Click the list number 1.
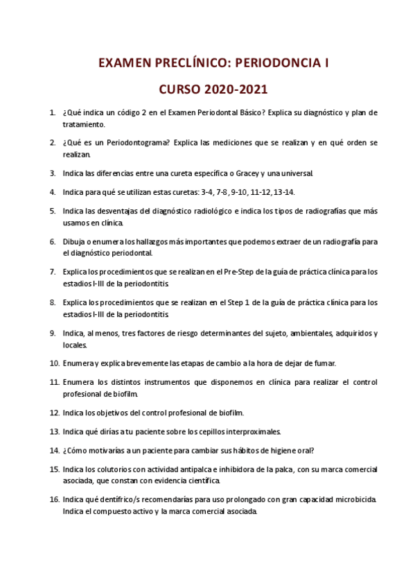pyautogui.click(x=52, y=112)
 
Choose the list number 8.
pyautogui.click(x=52, y=302)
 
